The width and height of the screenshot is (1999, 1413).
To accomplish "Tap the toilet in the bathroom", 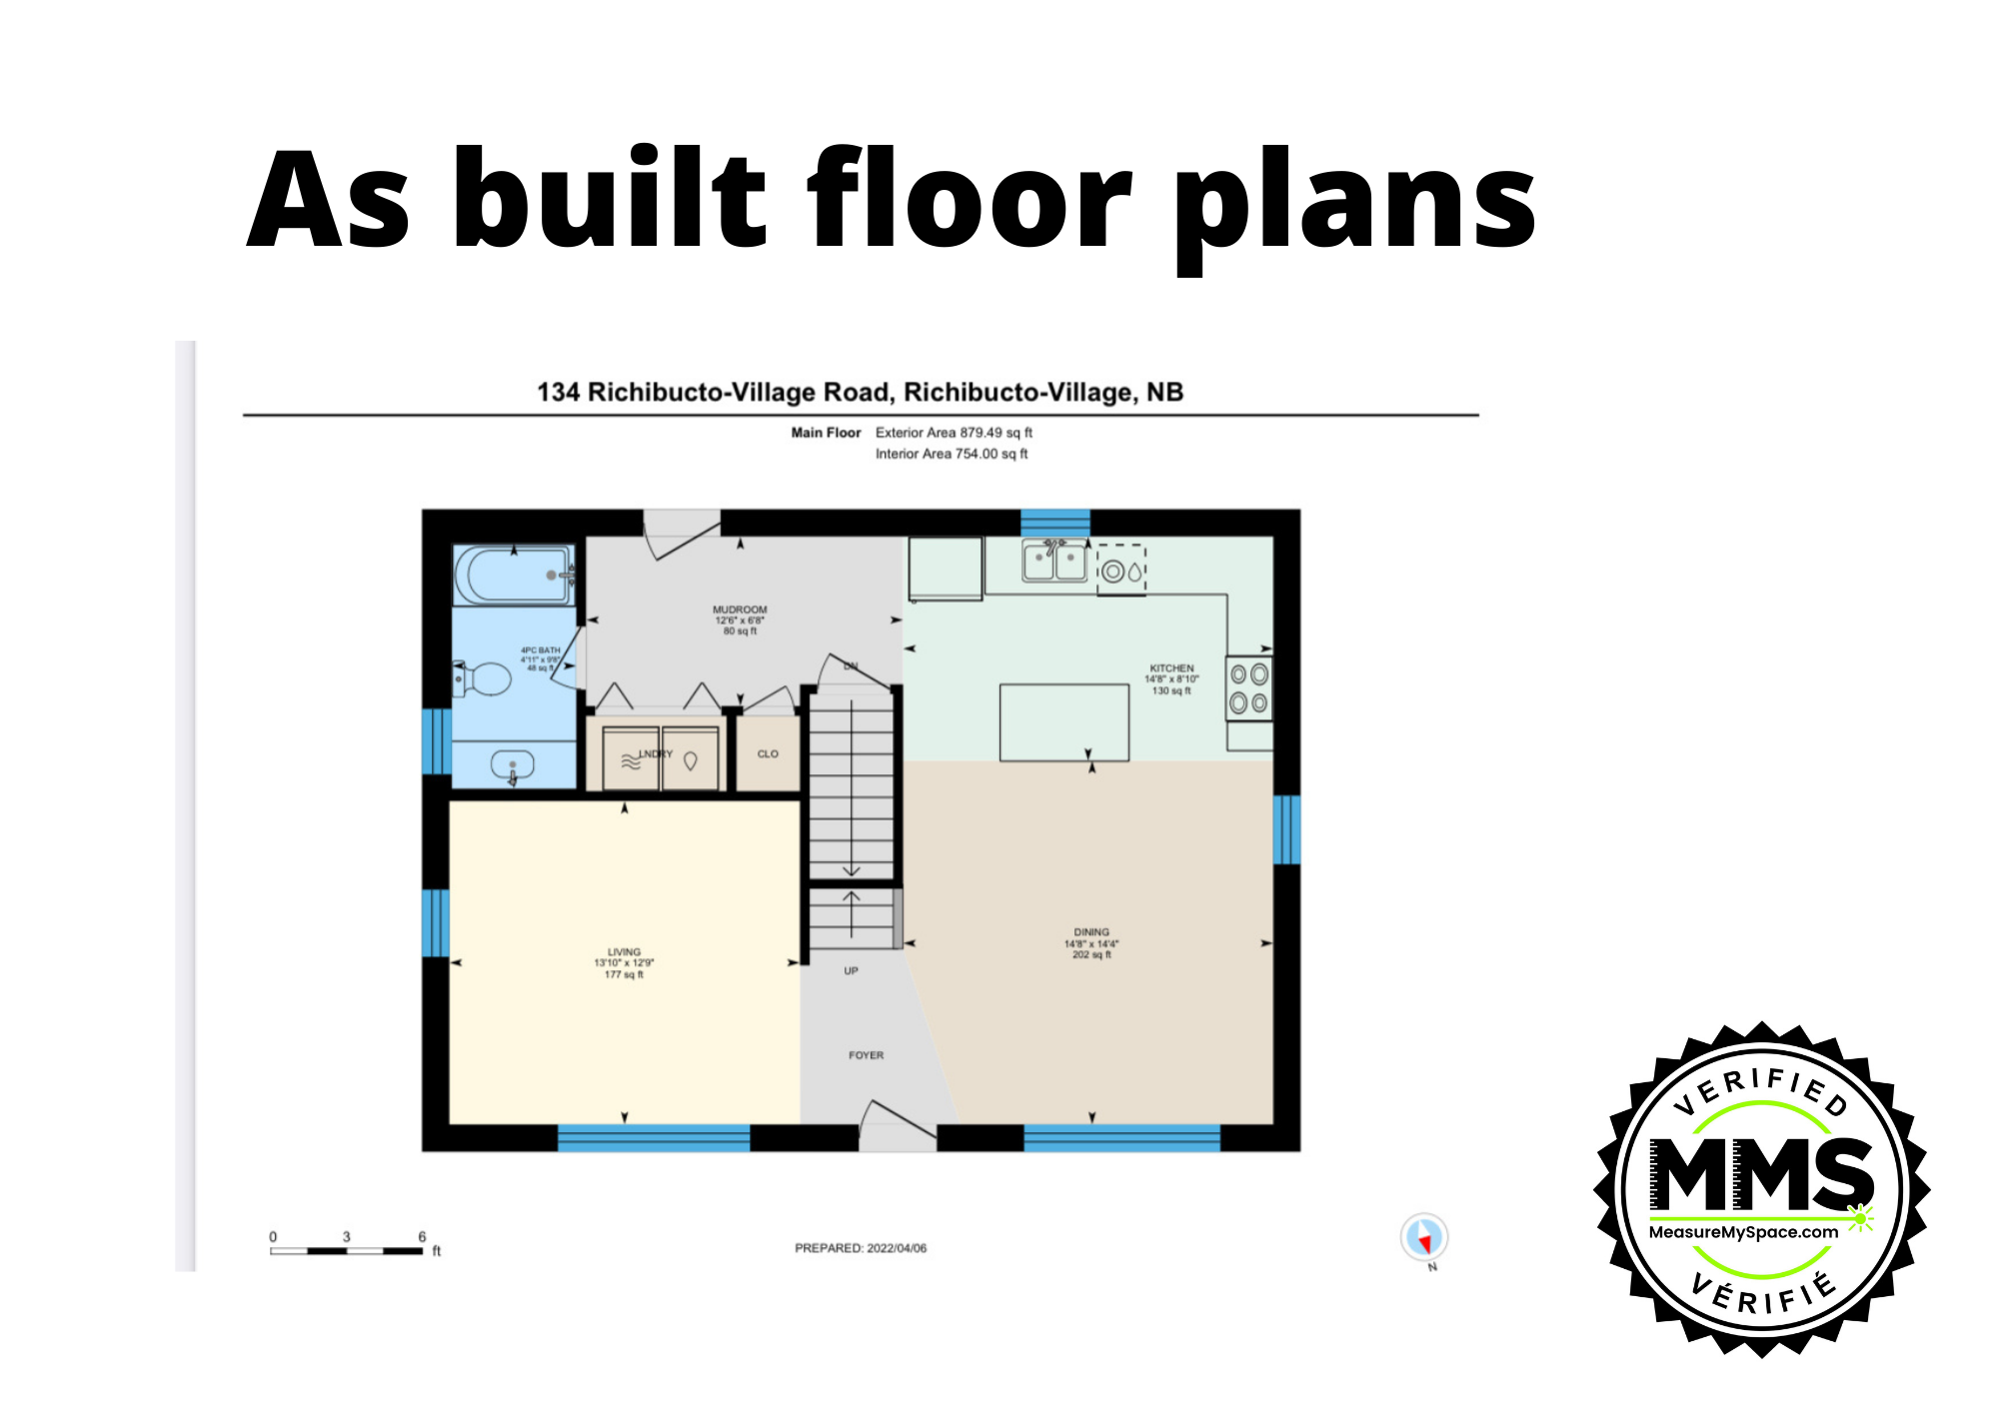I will pyautogui.click(x=484, y=679).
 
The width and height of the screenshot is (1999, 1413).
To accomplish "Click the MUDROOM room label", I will pyautogui.click(x=740, y=610).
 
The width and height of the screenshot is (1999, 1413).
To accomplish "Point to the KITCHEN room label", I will pyautogui.click(x=1171, y=669).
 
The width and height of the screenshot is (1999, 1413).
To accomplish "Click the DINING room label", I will pyautogui.click(x=1091, y=932).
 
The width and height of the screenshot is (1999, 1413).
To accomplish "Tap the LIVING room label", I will pyautogui.click(x=624, y=952).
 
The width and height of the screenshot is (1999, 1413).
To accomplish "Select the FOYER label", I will pyautogui.click(x=866, y=1055).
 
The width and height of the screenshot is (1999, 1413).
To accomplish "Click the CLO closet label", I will pyautogui.click(x=768, y=754).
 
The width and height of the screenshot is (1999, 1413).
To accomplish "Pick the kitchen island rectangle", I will pyautogui.click(x=1064, y=721).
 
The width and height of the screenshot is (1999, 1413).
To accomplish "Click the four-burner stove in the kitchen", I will pyautogui.click(x=1248, y=689).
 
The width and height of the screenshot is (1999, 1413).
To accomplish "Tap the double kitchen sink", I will pyautogui.click(x=1054, y=561).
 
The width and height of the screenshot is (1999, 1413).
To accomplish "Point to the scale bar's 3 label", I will pyautogui.click(x=347, y=1237).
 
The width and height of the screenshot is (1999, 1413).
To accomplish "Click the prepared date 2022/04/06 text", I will pyautogui.click(x=896, y=1248).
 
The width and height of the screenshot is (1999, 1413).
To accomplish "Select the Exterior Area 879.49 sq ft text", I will pyautogui.click(x=954, y=433).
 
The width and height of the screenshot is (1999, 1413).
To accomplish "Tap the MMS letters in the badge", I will pyautogui.click(x=1761, y=1174).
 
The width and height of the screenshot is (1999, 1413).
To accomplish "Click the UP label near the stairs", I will pyautogui.click(x=851, y=971).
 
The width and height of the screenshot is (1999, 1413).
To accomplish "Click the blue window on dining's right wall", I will pyautogui.click(x=1286, y=829).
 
